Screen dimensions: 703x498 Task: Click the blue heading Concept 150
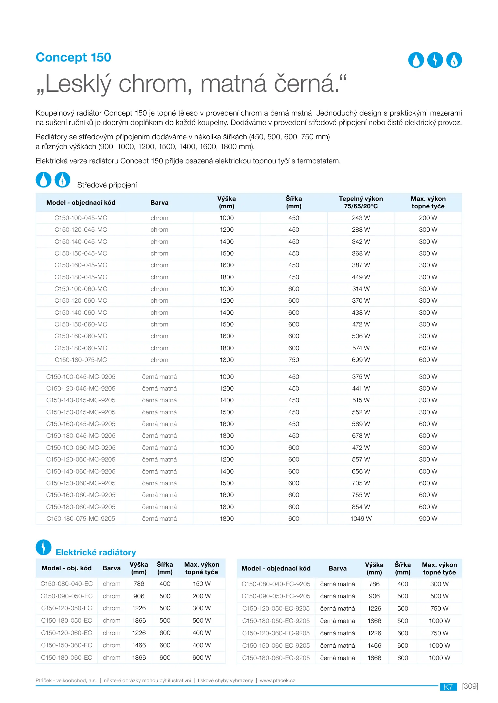pyautogui.click(x=73, y=57)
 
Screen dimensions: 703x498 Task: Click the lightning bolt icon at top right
pyautogui.click(x=435, y=60)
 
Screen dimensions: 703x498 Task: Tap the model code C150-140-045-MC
pyautogui.click(x=81, y=241)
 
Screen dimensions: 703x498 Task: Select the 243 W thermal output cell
pyautogui.click(x=361, y=218)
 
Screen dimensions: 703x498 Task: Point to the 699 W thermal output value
pyautogui.click(x=361, y=360)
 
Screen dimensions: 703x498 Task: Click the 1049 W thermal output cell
pyautogui.click(x=361, y=518)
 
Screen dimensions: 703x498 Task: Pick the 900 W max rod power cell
pyautogui.click(x=428, y=518)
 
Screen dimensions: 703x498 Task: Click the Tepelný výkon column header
pyautogui.click(x=361, y=202)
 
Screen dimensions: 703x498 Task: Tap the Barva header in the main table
pyautogui.click(x=159, y=202)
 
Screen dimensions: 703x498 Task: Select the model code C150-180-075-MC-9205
pyautogui.click(x=81, y=518)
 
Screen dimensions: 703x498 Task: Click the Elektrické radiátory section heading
pyautogui.click(x=96, y=552)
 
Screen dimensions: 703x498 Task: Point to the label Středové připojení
pyautogui.click(x=107, y=185)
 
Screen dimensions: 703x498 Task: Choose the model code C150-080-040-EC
pyautogui.click(x=66, y=584)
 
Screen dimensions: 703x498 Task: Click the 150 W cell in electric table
pyautogui.click(x=202, y=584)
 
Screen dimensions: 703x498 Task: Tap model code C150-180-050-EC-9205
pyautogui.click(x=276, y=621)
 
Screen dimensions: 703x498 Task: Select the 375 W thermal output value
pyautogui.click(x=361, y=377)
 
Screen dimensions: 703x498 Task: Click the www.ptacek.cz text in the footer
pyautogui.click(x=277, y=680)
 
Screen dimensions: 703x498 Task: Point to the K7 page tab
pyautogui.click(x=448, y=687)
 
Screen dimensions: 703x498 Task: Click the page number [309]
pyautogui.click(x=470, y=686)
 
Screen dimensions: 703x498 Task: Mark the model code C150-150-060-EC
pyautogui.click(x=66, y=645)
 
